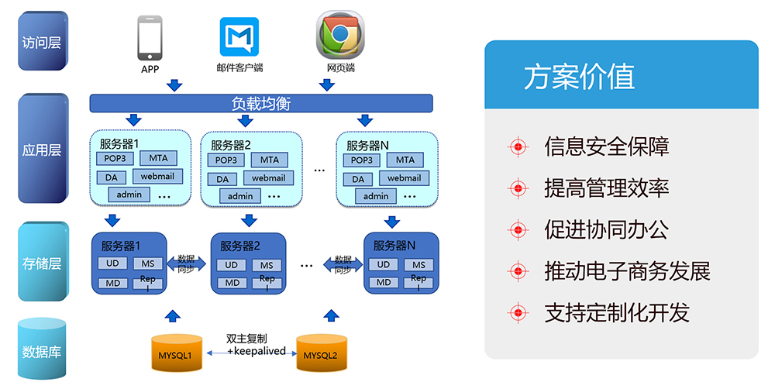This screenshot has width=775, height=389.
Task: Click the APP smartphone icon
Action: pos(150,38)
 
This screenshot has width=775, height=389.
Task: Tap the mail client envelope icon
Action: pos(239,37)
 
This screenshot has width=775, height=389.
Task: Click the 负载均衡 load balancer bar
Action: pos(261,103)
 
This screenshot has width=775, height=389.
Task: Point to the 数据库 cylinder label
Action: pos(42,352)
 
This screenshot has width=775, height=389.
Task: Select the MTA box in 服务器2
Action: pos(269,160)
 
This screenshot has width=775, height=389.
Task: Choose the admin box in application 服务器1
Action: pos(129,194)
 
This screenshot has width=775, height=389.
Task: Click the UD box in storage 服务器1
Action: pos(112,263)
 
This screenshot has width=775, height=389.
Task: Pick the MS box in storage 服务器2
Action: pos(267,265)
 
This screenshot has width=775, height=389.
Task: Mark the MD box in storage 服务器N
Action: pos(384,282)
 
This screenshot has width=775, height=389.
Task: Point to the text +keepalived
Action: pos(257,351)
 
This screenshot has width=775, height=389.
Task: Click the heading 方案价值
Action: pos(579,77)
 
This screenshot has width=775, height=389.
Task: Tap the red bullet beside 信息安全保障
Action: pos(517,146)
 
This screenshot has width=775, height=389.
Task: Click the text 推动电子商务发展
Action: pos(627,271)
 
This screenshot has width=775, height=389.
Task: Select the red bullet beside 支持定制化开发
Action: pos(517,313)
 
